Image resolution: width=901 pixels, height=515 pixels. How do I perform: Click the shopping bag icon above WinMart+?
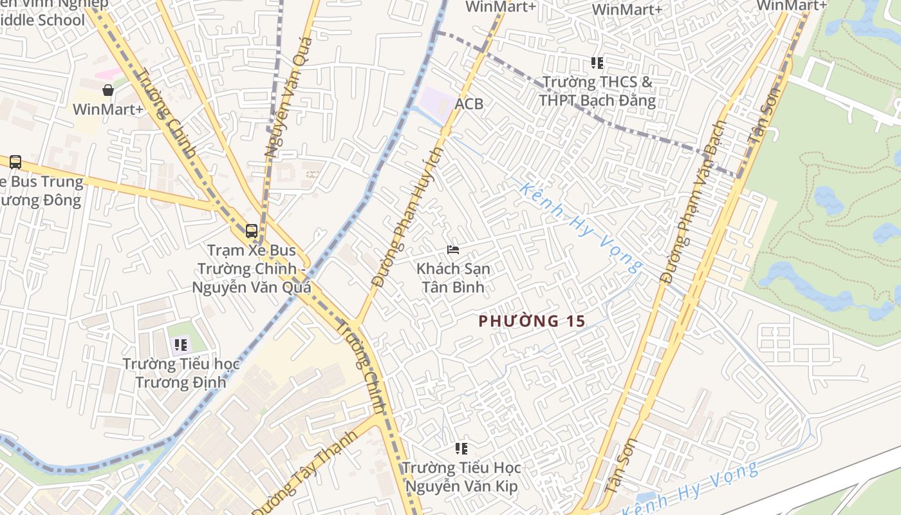click(x=108, y=90)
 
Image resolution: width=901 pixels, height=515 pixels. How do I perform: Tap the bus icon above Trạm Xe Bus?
click(x=252, y=230)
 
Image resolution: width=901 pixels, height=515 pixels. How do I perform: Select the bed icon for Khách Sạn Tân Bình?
click(x=453, y=250)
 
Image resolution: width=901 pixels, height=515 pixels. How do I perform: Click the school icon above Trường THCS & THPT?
click(x=597, y=63)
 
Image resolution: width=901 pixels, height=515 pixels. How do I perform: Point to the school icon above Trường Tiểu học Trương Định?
click(x=181, y=345)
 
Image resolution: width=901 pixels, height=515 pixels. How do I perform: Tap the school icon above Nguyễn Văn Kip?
click(x=461, y=448)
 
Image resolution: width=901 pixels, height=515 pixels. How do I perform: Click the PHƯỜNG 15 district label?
click(x=532, y=321)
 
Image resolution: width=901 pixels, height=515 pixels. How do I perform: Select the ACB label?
click(x=469, y=104)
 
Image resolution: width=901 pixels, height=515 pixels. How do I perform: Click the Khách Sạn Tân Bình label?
click(x=453, y=277)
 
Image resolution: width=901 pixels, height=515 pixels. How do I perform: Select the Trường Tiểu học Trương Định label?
click(x=181, y=373)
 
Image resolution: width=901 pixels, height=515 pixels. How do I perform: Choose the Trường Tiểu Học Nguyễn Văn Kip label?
click(x=461, y=476)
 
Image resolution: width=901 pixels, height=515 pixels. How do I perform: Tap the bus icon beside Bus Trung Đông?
click(x=15, y=162)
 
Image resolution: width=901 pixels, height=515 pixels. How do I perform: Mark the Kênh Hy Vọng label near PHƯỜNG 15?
click(x=581, y=226)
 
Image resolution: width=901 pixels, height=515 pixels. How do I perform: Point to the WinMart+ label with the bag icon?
click(x=108, y=109)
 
